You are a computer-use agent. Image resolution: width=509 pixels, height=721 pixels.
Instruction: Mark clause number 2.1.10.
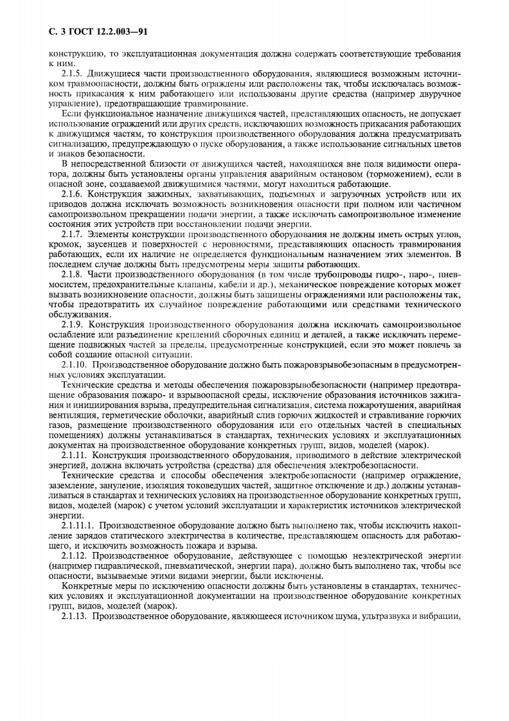(75, 364)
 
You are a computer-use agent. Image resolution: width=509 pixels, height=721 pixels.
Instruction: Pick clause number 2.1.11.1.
(78, 525)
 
